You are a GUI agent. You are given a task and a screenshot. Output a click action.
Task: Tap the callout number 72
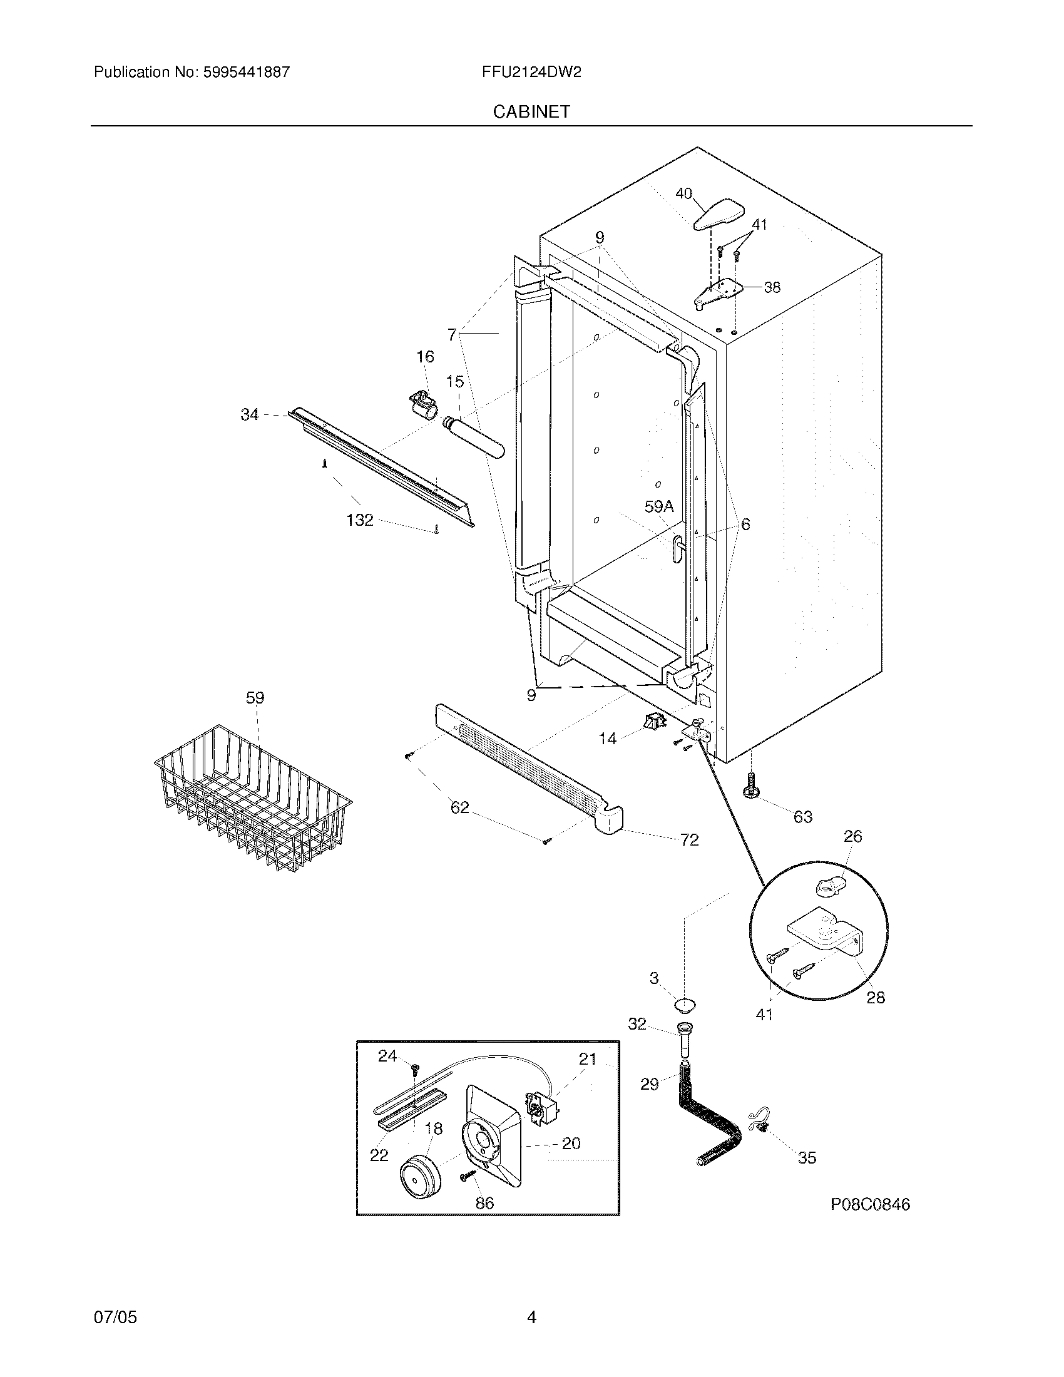coord(689,840)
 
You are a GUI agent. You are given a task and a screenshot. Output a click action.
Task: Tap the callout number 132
coord(360,520)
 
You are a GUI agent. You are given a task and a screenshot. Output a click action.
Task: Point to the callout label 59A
coord(658,506)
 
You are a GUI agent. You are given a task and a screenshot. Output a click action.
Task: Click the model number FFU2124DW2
coord(531,72)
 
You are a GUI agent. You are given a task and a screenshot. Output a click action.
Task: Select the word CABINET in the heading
coord(531,111)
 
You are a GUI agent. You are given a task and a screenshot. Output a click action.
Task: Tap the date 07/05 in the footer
coord(115,1335)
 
